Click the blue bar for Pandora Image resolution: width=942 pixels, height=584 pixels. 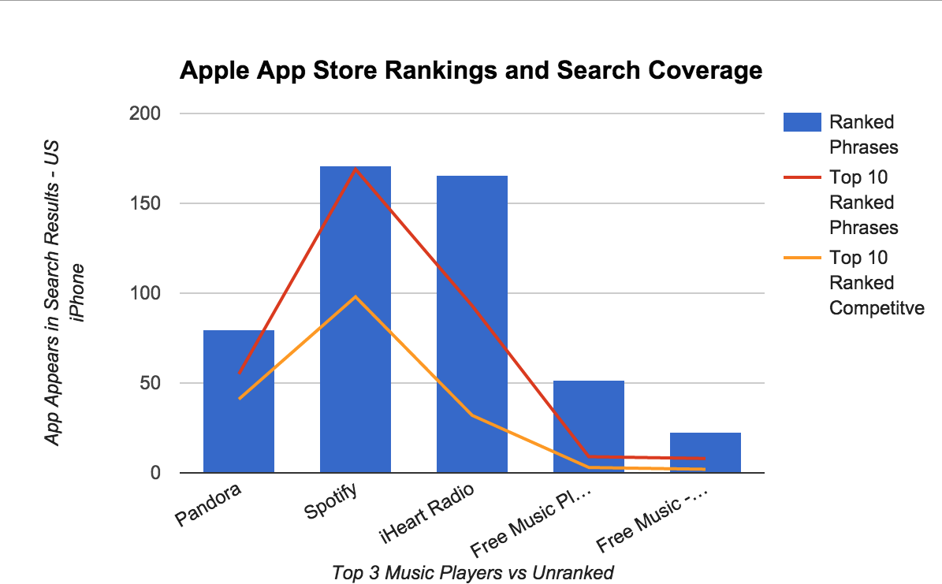[239, 402]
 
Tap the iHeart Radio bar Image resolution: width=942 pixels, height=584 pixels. [471, 324]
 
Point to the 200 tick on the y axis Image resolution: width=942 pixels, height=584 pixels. [144, 113]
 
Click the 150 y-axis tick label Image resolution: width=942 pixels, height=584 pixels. [144, 203]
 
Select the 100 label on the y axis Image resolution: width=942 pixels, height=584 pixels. [144, 293]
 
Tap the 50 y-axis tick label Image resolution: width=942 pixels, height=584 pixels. [150, 383]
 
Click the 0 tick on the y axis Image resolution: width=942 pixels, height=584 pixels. [155, 473]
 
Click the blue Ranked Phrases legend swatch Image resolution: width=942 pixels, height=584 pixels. [800, 122]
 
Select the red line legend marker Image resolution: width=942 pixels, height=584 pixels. [800, 177]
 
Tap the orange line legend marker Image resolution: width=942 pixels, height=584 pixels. [800, 258]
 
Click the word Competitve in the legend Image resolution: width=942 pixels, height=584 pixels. [876, 308]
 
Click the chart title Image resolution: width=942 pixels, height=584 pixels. [471, 71]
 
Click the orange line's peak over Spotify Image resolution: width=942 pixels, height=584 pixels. [356, 297]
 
